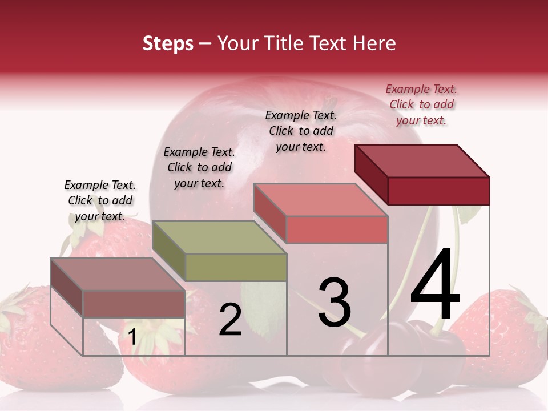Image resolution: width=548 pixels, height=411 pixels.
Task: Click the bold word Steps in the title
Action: (168, 43)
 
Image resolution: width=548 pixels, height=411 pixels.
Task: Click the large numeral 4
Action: (435, 285)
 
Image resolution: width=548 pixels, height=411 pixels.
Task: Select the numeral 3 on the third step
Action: (335, 303)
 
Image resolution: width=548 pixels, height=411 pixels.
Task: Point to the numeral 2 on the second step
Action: (230, 320)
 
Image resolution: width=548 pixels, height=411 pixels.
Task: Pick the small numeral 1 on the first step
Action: (132, 337)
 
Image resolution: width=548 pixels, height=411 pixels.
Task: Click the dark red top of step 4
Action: (422, 160)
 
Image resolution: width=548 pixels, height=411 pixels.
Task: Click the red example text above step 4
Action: (421, 104)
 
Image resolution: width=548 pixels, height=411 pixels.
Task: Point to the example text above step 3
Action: (301, 131)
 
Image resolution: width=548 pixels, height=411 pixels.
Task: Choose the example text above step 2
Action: (199, 167)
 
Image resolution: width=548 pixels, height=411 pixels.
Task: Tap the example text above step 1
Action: (100, 200)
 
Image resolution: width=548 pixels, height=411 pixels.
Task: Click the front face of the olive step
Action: (236, 267)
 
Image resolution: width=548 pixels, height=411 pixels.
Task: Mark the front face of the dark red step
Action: (438, 191)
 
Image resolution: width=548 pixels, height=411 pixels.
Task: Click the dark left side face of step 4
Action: (371, 174)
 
